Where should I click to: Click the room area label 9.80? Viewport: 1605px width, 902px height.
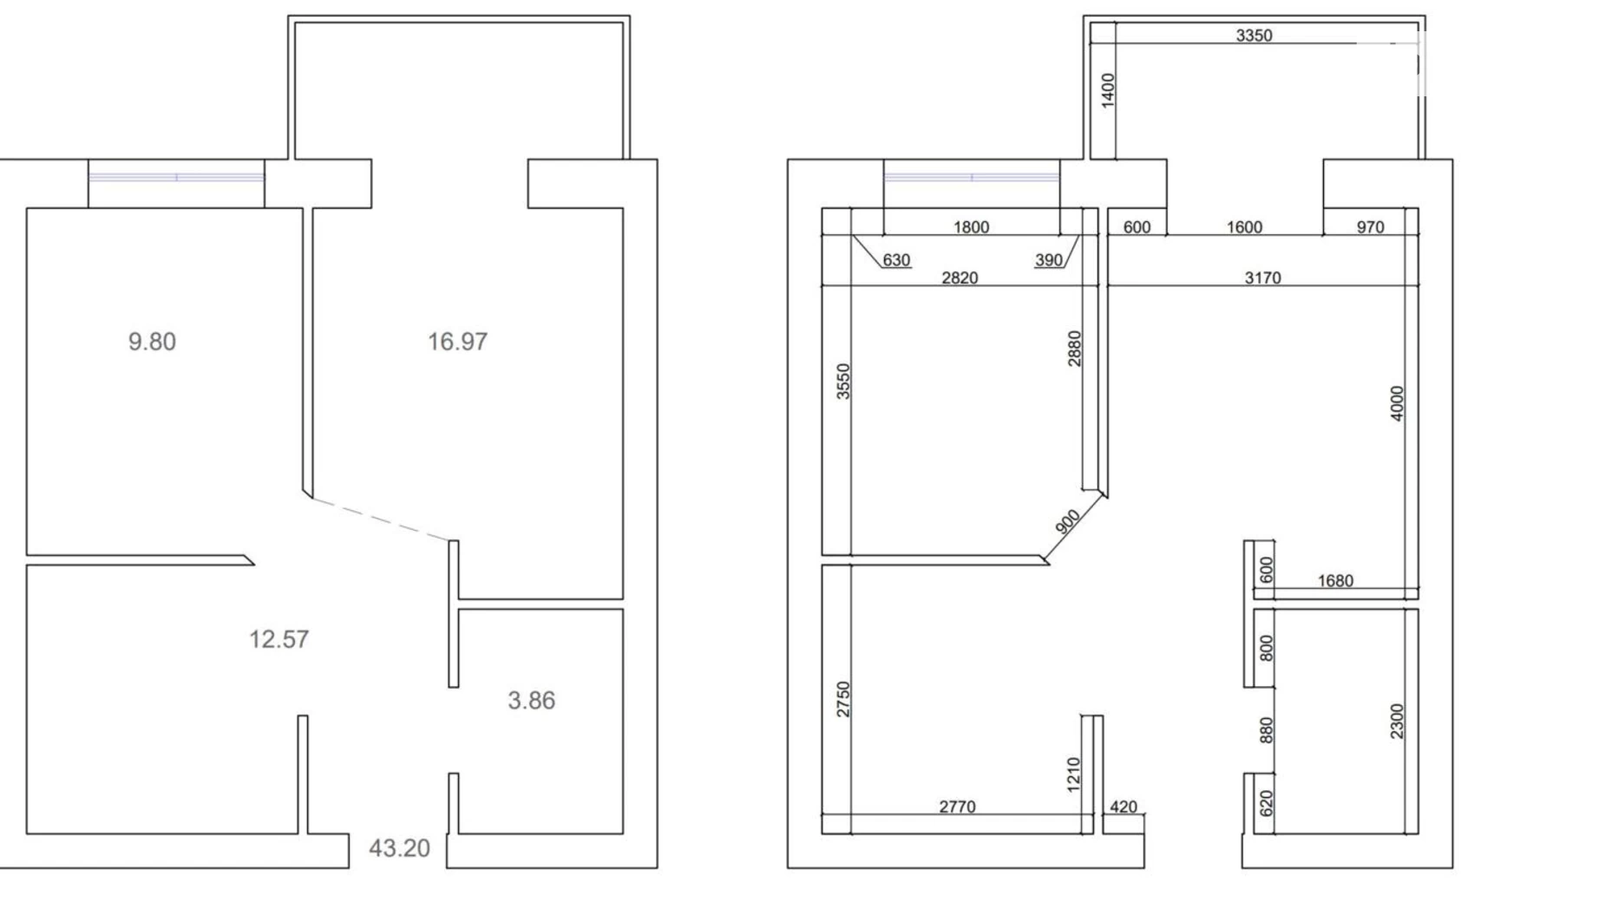click(x=152, y=342)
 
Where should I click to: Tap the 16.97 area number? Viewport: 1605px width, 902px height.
click(x=457, y=342)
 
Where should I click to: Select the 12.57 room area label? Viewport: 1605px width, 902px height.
click(x=278, y=639)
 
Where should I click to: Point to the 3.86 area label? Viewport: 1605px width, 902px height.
click(x=531, y=701)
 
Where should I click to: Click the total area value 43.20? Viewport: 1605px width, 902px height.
click(x=399, y=848)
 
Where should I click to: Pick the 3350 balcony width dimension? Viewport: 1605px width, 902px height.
click(x=1254, y=36)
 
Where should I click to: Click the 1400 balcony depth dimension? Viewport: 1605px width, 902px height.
click(x=1107, y=91)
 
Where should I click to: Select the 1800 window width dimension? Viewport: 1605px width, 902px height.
click(x=971, y=227)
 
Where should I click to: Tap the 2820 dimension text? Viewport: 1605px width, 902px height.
click(x=960, y=278)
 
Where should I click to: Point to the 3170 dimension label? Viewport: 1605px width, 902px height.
click(x=1262, y=278)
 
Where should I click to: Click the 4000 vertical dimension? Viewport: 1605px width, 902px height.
click(x=1396, y=403)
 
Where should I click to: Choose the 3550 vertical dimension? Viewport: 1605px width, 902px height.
click(x=843, y=381)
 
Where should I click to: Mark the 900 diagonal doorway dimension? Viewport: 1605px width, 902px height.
click(x=1068, y=521)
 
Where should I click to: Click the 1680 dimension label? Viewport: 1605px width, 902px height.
click(x=1335, y=581)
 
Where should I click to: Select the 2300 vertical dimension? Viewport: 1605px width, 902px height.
click(x=1396, y=721)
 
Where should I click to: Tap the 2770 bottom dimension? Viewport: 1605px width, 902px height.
click(x=957, y=807)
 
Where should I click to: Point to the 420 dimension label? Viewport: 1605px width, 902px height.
click(x=1123, y=807)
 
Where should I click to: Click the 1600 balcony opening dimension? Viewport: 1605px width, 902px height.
click(x=1244, y=227)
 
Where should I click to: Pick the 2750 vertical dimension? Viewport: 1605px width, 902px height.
click(x=843, y=699)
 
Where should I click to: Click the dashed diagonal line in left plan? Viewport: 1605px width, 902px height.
click(x=381, y=520)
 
